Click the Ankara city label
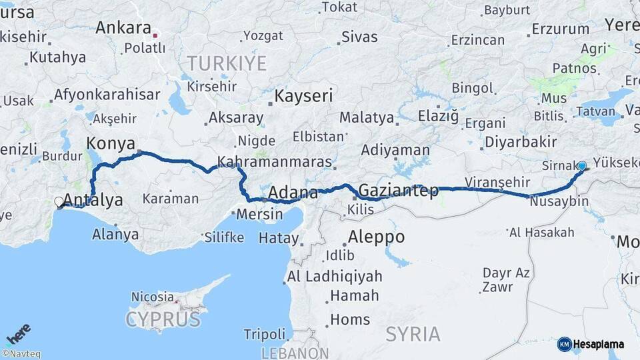pyautogui.click(x=123, y=28)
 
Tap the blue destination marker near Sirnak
pyautogui.click(x=582, y=166)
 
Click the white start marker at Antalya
pyautogui.click(x=59, y=201)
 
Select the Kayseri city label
pyautogui.click(x=303, y=96)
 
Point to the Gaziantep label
pyautogui.click(x=399, y=191)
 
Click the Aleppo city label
pyautogui.click(x=376, y=237)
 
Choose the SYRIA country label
pyautogui.click(x=413, y=333)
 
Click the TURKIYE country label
pyautogui.click(x=226, y=63)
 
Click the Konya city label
pyautogui.click(x=111, y=143)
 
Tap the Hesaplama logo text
pyautogui.click(x=598, y=345)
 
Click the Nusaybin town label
pyautogui.click(x=560, y=201)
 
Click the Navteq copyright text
pyautogui.click(x=21, y=354)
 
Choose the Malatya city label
pyautogui.click(x=366, y=118)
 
